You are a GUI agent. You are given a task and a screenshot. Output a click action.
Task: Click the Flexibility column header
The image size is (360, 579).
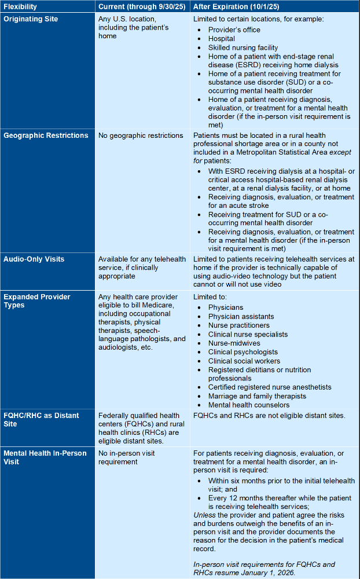21,7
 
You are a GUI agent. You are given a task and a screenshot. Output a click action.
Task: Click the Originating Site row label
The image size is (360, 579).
31,19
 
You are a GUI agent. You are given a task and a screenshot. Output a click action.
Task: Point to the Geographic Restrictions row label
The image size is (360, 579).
46,135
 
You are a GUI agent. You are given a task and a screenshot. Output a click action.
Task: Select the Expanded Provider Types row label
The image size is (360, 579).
37,301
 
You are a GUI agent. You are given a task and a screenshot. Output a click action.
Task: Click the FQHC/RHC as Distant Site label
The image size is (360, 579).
41,420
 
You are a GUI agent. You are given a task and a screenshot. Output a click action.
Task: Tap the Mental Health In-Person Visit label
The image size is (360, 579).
45,457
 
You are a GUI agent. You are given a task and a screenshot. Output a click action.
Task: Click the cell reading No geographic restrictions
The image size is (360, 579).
141,135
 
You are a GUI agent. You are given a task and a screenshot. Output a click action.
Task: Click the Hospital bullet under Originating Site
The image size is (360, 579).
222,39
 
